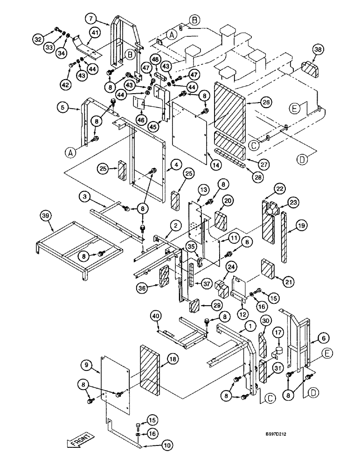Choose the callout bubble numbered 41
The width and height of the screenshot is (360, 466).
pos(95,33)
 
